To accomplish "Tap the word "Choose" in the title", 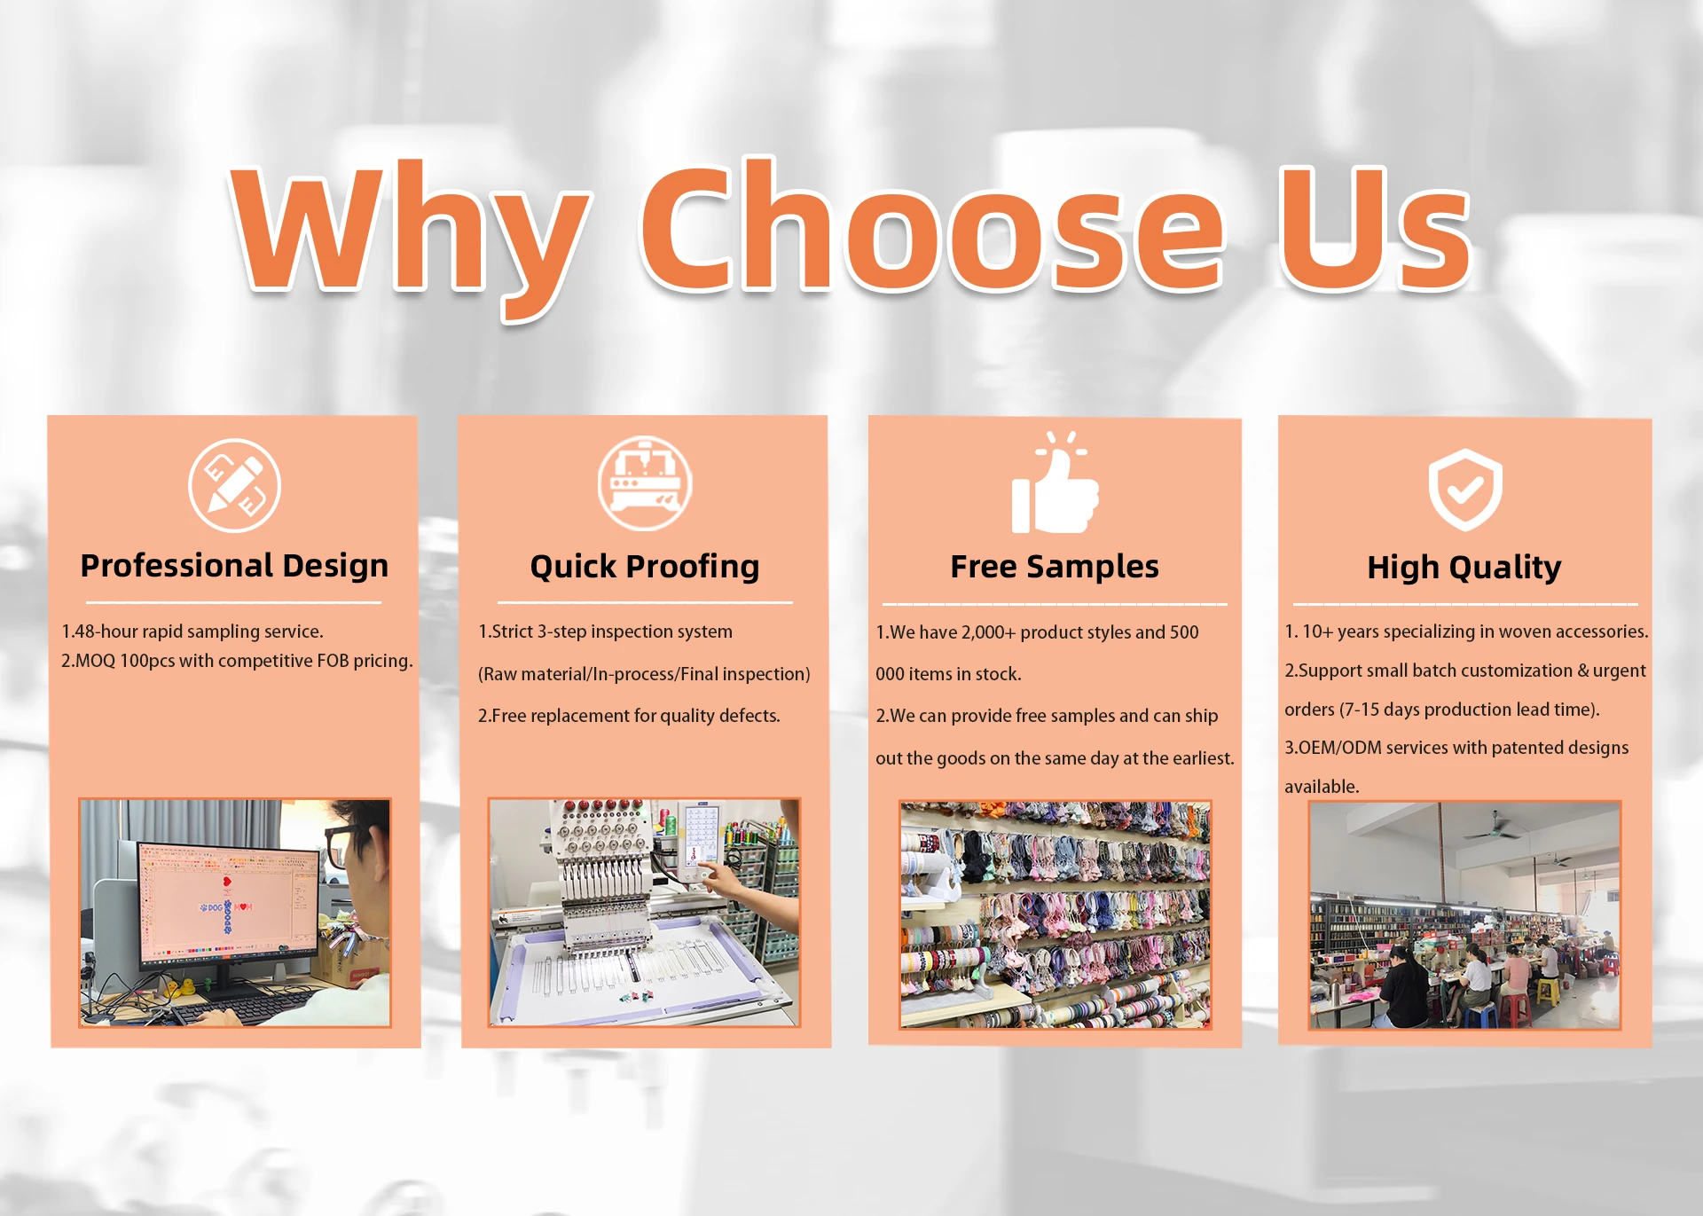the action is [x=931, y=226].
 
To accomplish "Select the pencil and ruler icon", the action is [x=235, y=485].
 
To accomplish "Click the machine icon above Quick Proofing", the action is [x=645, y=483].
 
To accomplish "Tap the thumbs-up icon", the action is [x=1055, y=483].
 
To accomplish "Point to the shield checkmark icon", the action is [x=1465, y=490].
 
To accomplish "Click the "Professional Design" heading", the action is [x=234, y=566].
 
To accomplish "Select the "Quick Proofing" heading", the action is [x=645, y=567].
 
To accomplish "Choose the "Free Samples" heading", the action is [x=1055, y=567].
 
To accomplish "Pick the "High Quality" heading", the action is [x=1464, y=568].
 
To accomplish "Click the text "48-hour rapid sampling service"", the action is [x=197, y=632].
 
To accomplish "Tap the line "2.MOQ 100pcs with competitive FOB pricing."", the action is [x=237, y=661].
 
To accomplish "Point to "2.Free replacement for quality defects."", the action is [x=629, y=716].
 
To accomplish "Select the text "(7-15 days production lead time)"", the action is [x=1470, y=710].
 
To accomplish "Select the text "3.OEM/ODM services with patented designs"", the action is [x=1456, y=748].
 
